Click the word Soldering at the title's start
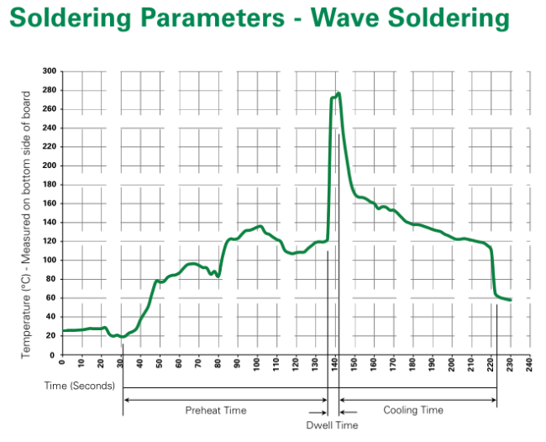[x=71, y=18]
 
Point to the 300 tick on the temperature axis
[x=49, y=71]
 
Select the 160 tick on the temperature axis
[x=49, y=203]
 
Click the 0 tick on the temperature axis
[x=52, y=355]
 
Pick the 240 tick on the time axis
[x=529, y=364]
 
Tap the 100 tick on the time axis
[x=257, y=364]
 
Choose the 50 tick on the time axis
[x=160, y=364]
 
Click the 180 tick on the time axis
[x=412, y=364]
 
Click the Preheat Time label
[x=216, y=410]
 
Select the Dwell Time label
[x=332, y=425]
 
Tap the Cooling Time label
[x=413, y=410]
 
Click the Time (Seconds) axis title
[x=80, y=386]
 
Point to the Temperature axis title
[x=25, y=224]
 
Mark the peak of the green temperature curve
[x=339, y=93]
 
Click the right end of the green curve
[x=511, y=300]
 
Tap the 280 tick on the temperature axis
[x=49, y=90]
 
